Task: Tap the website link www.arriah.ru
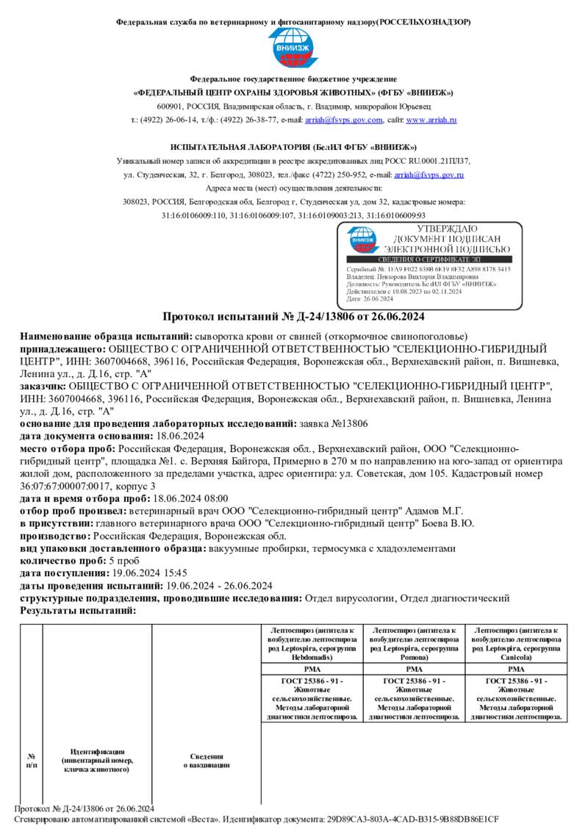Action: (x=431, y=119)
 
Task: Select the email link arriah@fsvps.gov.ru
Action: (x=429, y=175)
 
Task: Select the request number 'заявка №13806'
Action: (x=334, y=424)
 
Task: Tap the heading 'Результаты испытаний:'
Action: (x=78, y=611)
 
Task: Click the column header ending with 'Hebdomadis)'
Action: (x=312, y=644)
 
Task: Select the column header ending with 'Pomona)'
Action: (x=415, y=644)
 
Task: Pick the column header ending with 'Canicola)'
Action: (x=516, y=644)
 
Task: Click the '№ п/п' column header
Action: (x=32, y=760)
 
